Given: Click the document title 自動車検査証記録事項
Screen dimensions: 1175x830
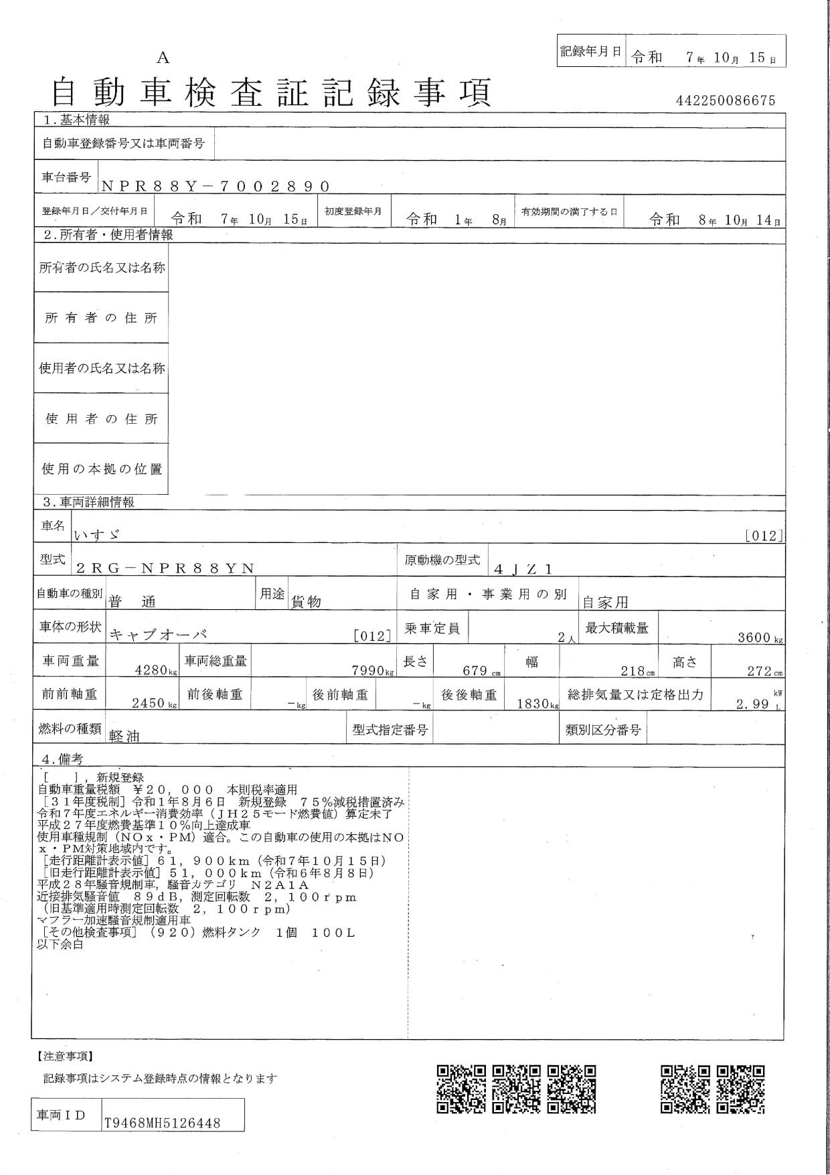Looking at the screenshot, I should pyautogui.click(x=271, y=93).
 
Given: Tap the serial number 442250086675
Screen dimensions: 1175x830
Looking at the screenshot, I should pyautogui.click(x=726, y=100).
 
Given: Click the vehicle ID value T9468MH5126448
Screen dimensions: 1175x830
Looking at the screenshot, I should pyautogui.click(x=162, y=1123).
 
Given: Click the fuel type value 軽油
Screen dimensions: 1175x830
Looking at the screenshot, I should pyautogui.click(x=124, y=735).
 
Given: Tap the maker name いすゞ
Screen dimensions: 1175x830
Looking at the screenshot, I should pyautogui.click(x=97, y=534).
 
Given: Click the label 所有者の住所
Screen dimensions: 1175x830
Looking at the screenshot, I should pyautogui.click(x=101, y=318).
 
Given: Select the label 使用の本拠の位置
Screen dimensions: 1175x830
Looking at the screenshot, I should pyautogui.click(x=102, y=469).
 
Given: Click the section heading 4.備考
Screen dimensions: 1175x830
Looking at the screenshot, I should pyautogui.click(x=62, y=759).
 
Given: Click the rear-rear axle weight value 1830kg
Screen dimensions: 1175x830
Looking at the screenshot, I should pyautogui.click(x=536, y=704).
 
